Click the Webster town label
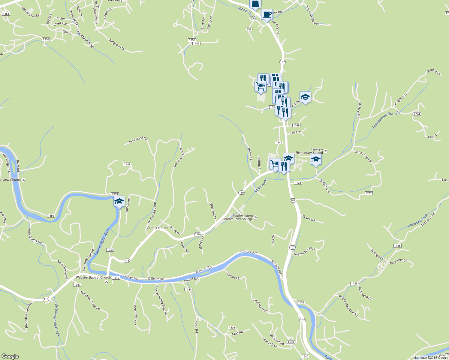(x=157, y=227)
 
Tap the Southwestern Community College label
(x=238, y=217)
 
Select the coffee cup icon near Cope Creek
(x=267, y=14)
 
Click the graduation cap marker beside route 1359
(x=119, y=202)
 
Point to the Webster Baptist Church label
(x=93, y=277)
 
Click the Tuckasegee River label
(x=102, y=241)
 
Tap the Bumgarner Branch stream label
(x=386, y=120)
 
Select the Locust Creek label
(x=417, y=221)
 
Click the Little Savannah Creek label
(x=57, y=318)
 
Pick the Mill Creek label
(x=261, y=186)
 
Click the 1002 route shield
(x=301, y=302)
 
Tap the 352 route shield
(x=249, y=29)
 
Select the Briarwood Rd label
(x=138, y=140)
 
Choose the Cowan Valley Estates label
(x=161, y=300)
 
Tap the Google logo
(x=10, y=356)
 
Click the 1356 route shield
(x=46, y=39)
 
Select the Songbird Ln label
(x=400, y=99)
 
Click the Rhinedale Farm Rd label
(x=28, y=315)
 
